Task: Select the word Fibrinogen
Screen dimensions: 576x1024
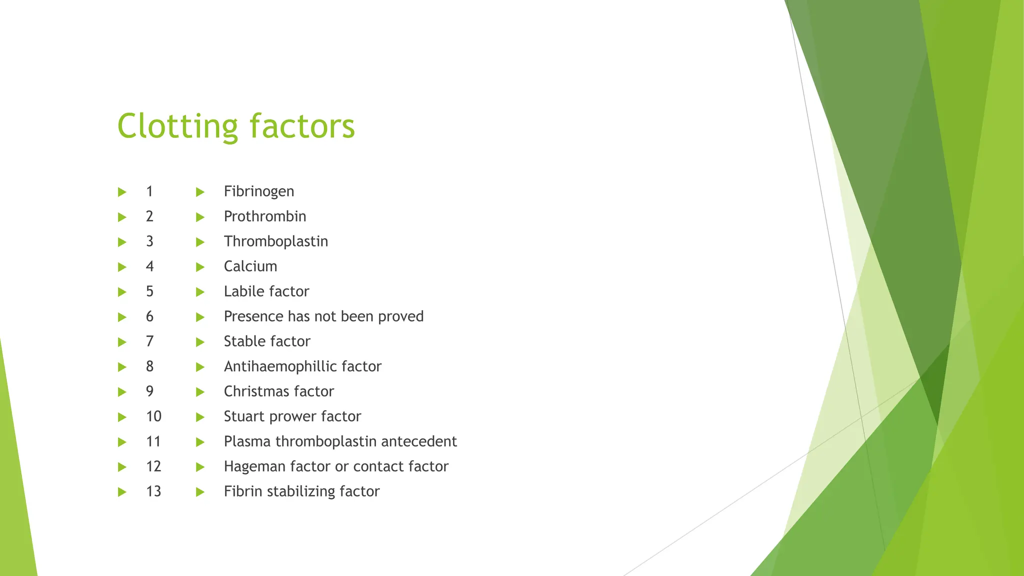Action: tap(258, 191)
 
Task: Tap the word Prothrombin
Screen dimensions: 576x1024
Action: tap(264, 216)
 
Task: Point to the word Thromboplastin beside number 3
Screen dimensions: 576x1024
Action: tap(275, 241)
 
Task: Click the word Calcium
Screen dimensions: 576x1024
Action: tap(250, 266)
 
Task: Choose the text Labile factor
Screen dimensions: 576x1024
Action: tap(266, 291)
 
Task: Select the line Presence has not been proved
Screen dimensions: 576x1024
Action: tap(323, 316)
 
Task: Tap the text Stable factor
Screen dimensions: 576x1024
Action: tap(266, 341)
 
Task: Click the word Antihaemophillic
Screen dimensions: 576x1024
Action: tap(280, 366)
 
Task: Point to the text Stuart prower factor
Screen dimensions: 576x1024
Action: tap(292, 416)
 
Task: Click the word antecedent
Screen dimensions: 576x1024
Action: tap(418, 441)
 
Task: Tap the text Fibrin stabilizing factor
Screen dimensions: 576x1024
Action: tap(301, 491)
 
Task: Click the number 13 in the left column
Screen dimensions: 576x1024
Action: tap(153, 491)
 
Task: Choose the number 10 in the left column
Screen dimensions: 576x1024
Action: tap(153, 416)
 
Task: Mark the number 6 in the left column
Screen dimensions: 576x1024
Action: tap(149, 316)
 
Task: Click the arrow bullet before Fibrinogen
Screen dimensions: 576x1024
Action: tap(200, 192)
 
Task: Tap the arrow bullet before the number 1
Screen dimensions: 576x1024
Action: tap(121, 192)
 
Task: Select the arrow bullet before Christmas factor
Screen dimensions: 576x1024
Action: tap(200, 392)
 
